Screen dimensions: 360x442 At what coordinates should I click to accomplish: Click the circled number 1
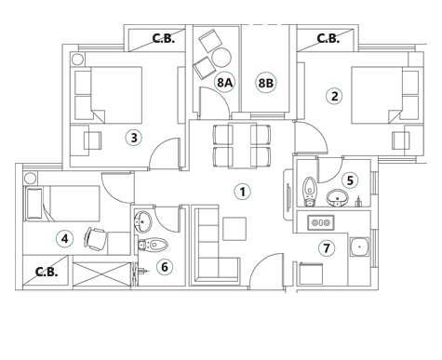pos(241,193)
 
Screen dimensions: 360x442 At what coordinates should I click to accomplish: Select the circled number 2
pos(334,96)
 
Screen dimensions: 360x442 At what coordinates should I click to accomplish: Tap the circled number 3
pos(133,138)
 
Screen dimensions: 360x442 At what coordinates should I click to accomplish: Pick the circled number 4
pos(64,239)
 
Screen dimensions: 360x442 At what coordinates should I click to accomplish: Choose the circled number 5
pos(350,180)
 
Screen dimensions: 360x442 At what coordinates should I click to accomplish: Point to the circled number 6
pos(165,268)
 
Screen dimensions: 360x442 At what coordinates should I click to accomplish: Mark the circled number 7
pos(326,248)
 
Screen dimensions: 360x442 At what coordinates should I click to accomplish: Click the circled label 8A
pos(224,83)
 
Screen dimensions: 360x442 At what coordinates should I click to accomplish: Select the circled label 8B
pos(266,83)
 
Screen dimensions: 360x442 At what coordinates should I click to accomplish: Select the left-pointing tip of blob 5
pos(336,179)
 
